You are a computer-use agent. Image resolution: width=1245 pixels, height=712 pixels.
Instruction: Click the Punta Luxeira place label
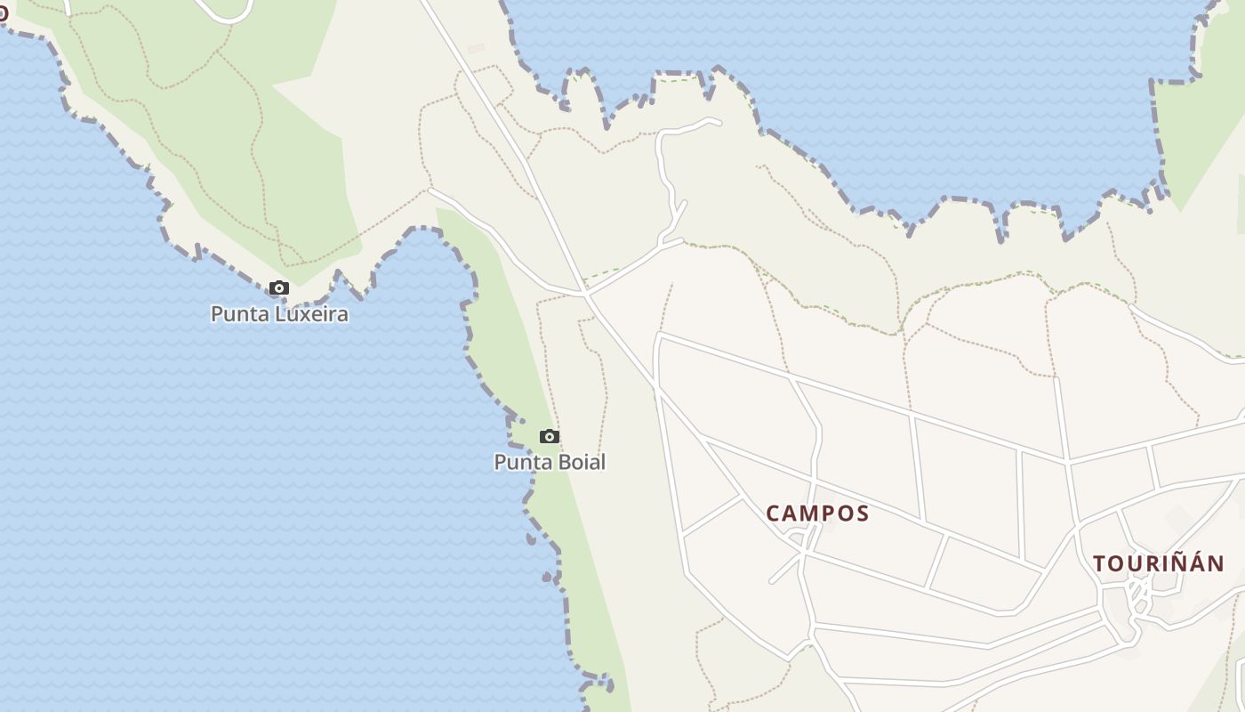279,314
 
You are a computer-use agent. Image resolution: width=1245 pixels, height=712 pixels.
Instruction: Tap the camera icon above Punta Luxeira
279,287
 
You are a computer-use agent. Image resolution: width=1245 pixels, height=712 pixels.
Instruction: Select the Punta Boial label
550,462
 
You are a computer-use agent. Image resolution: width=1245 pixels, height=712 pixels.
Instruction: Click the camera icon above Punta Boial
550,436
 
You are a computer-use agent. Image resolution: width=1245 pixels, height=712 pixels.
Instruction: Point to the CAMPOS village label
817,514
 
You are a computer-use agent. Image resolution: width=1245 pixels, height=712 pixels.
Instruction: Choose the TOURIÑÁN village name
1159,563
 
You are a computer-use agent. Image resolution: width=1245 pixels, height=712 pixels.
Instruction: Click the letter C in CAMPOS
774,514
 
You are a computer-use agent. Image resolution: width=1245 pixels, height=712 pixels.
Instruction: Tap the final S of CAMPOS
861,514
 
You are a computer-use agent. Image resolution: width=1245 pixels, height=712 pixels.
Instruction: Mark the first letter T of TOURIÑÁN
1100,563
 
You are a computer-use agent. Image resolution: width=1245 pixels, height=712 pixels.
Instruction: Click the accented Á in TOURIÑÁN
1197,562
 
